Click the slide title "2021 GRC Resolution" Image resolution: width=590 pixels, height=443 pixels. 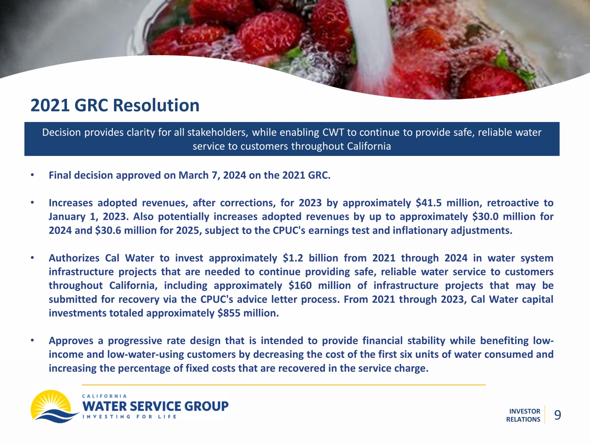(x=115, y=105)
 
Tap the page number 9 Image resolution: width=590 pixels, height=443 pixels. (x=557, y=415)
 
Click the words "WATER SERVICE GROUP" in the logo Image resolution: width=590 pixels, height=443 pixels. (x=155, y=406)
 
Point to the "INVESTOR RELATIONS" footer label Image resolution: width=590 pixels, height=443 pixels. (x=523, y=415)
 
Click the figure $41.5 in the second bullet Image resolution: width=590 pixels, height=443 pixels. (x=428, y=203)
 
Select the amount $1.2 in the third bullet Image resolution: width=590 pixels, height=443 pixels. (x=293, y=258)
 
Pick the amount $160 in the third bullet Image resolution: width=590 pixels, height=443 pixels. (x=300, y=285)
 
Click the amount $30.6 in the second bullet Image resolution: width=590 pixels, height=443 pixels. (x=108, y=230)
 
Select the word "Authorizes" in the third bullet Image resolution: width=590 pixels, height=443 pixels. (x=74, y=258)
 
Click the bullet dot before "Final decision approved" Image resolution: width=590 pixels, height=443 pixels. (x=33, y=175)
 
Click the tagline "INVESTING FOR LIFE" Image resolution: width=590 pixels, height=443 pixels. (x=129, y=417)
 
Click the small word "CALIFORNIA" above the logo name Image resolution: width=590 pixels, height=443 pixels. (x=104, y=396)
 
